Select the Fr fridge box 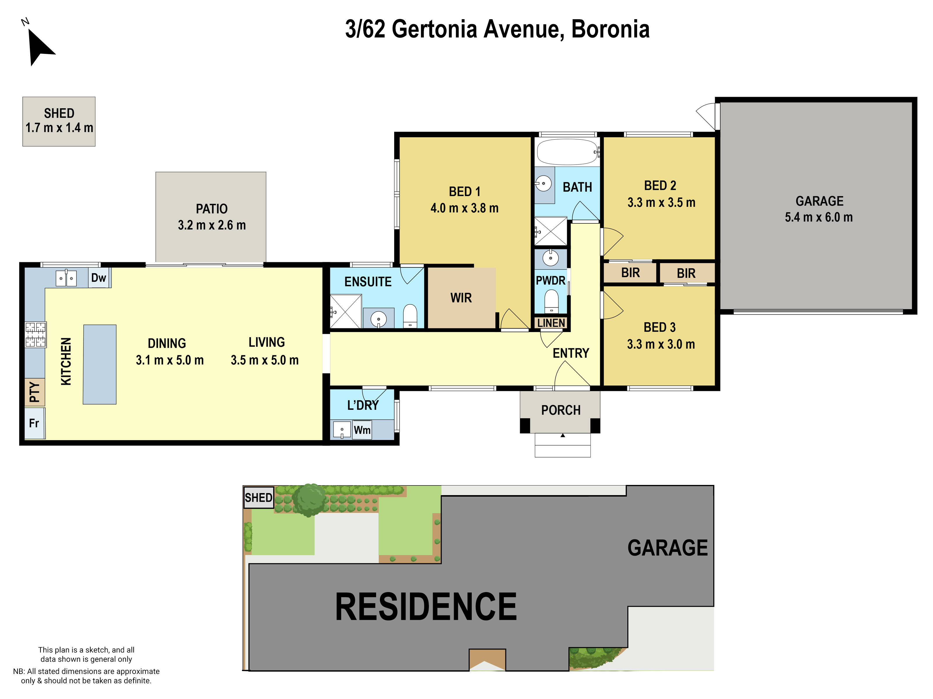(x=34, y=423)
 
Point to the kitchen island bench (x=99, y=364)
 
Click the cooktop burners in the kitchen (x=36, y=335)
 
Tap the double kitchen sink (x=66, y=278)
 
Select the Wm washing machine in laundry (x=362, y=430)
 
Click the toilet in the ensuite (x=410, y=316)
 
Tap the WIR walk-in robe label (x=461, y=298)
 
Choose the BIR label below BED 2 (x=630, y=273)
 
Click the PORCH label (x=561, y=410)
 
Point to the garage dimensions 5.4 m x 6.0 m (x=818, y=217)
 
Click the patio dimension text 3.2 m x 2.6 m (x=211, y=225)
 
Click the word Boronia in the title (x=610, y=29)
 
